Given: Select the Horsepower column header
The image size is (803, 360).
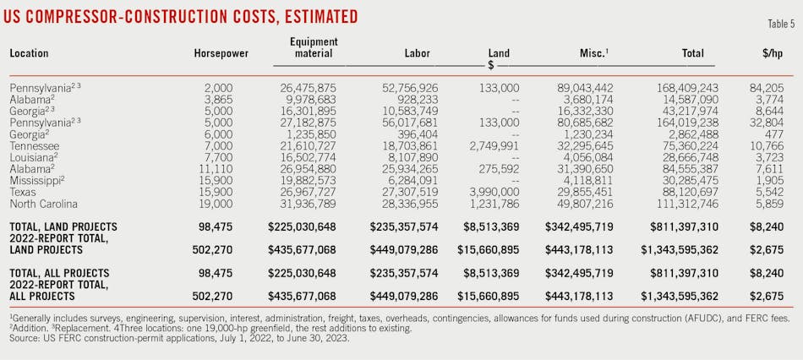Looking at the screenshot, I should (x=221, y=53).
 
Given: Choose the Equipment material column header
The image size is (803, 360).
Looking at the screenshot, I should (x=314, y=47).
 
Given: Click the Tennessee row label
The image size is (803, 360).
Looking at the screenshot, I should (x=34, y=145).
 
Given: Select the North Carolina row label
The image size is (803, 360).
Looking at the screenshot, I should (x=43, y=204).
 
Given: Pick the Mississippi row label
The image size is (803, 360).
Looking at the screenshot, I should (x=38, y=181).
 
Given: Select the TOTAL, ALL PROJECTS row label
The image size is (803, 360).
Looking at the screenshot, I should (x=59, y=273).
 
